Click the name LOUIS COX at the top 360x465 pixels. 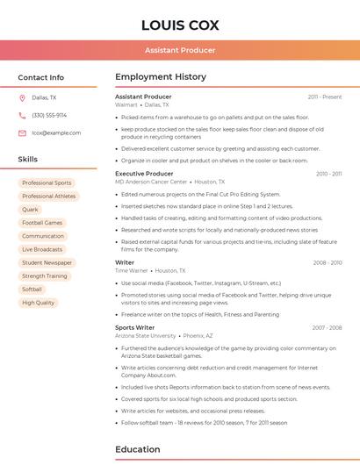[180, 25]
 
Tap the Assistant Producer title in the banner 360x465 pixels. [180, 50]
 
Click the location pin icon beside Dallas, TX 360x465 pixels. [22, 97]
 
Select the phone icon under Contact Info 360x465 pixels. [22, 115]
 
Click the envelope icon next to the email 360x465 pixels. [22, 132]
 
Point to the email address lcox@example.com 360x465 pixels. [56, 132]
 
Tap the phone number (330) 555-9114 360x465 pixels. [49, 115]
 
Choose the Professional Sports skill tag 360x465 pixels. [47, 183]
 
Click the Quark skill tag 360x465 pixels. [31, 210]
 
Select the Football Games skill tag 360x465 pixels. [42, 223]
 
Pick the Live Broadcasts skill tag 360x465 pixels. [42, 249]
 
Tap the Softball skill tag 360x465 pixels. [32, 289]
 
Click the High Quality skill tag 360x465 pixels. [39, 303]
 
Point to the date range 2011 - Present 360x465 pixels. [325, 97]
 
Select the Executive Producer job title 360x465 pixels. [144, 174]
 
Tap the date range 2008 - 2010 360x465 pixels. [328, 262]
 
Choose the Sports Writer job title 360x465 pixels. [134, 327]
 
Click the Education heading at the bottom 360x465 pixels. [137, 449]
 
